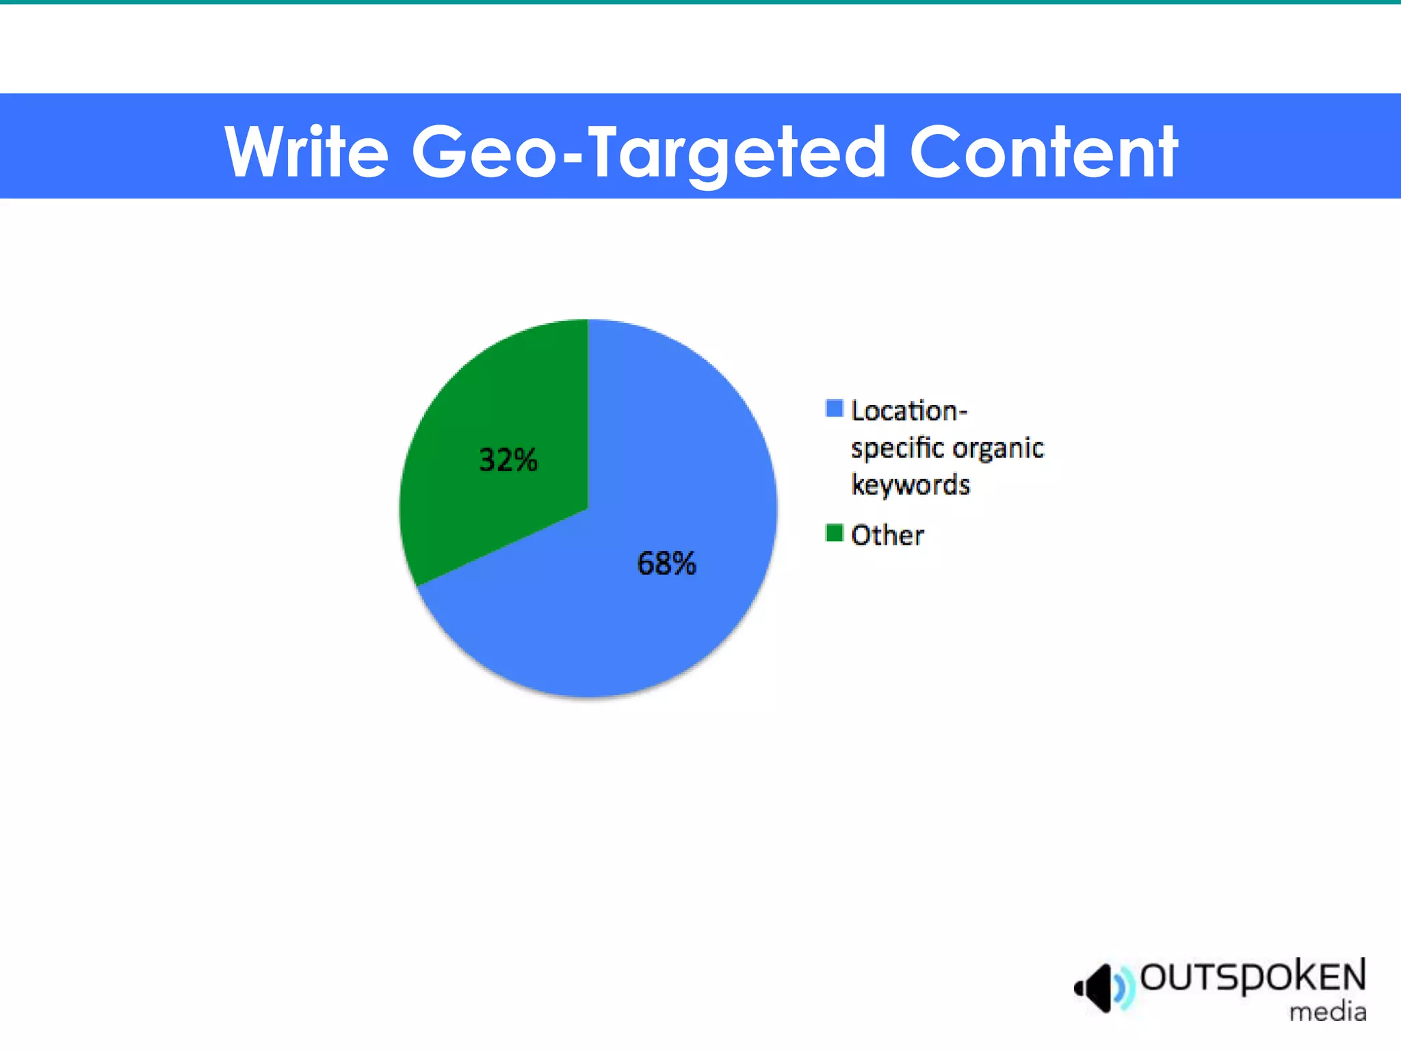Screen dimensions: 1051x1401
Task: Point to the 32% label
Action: pos(508,460)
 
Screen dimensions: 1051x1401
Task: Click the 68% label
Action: pos(666,564)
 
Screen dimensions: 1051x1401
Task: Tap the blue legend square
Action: pos(834,408)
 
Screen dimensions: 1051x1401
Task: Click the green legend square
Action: pos(834,532)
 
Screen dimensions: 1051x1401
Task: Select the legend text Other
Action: pos(887,535)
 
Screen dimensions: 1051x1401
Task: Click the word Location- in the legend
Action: pos(909,411)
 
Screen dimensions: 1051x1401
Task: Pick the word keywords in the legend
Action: pos(911,485)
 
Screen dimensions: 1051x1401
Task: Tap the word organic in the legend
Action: pos(998,449)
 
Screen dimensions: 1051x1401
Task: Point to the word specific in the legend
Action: pos(898,449)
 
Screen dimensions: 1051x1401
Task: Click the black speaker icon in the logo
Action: pos(1096,987)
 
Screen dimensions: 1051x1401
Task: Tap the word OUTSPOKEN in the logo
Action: pos(1253,977)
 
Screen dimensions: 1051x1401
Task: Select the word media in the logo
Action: pos(1328,1011)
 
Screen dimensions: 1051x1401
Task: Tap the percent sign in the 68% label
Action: pos(683,564)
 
